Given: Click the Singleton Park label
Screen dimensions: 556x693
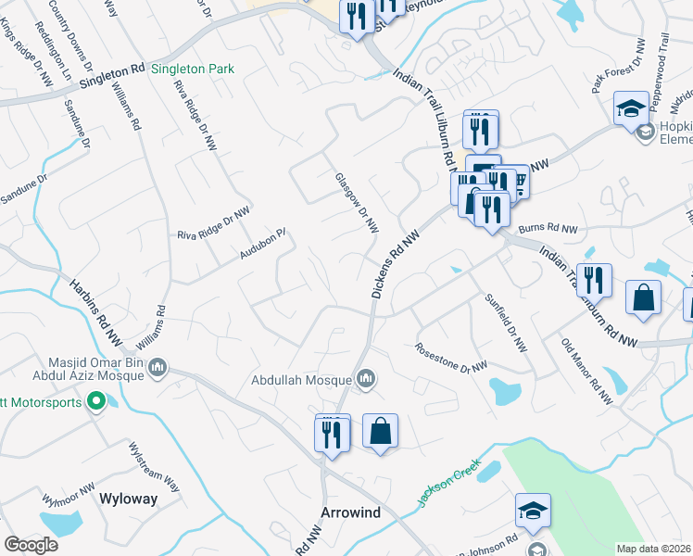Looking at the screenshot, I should pos(193,69).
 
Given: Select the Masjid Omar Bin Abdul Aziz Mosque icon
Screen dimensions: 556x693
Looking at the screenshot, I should pos(157,369).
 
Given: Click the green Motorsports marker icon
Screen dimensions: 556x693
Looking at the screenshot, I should pos(94,402).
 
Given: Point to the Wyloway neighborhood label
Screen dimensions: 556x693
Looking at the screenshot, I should pos(128,499).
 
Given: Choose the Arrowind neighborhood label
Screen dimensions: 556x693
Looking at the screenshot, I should pos(350,512).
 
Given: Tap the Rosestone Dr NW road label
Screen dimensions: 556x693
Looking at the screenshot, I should pos(451,359).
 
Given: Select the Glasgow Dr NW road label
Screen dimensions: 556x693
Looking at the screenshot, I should pos(357,201).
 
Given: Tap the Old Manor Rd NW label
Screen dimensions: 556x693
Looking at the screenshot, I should pos(586,372).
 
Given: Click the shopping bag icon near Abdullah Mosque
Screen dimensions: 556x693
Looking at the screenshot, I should pos(380,431).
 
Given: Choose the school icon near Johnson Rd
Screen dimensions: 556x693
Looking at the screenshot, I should pos(533,512).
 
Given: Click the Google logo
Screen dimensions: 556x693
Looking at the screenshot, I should pos(31,545).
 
